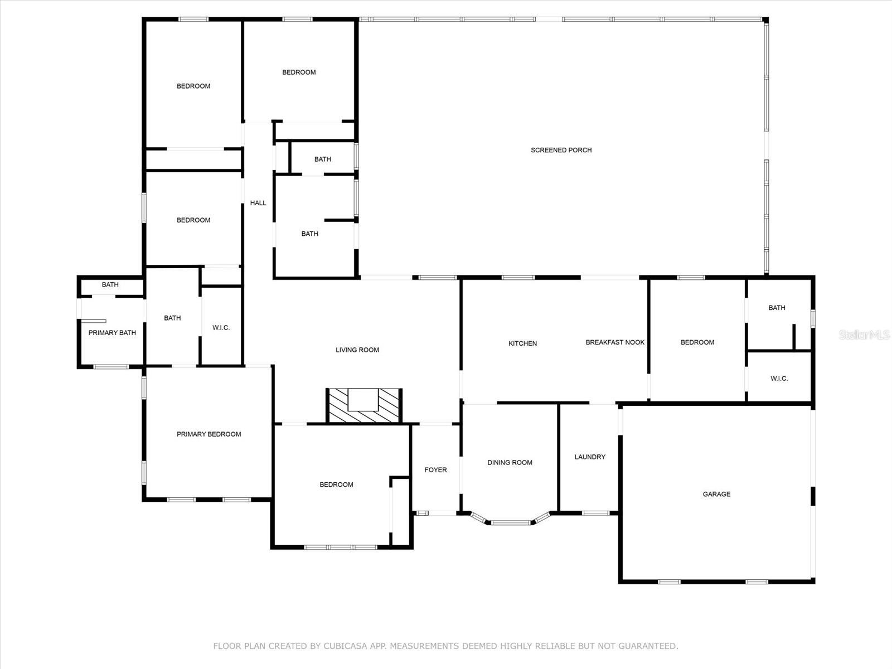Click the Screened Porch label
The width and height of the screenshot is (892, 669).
(561, 150)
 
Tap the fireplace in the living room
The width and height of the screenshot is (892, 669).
(363, 406)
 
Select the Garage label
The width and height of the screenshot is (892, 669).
(716, 494)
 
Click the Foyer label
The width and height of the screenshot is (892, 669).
(435, 470)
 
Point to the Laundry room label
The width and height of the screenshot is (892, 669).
(590, 457)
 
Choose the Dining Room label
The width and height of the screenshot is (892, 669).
(510, 463)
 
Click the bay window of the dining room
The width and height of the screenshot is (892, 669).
(511, 522)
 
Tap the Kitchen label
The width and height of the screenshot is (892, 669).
(522, 343)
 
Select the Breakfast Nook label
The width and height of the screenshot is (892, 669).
(615, 342)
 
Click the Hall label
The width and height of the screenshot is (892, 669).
(258, 203)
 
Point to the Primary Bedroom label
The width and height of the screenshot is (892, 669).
(209, 434)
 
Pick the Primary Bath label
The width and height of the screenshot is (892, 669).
(112, 333)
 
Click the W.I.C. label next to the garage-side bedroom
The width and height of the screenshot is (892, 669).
(779, 379)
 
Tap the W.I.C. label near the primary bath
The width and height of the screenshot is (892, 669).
(221, 328)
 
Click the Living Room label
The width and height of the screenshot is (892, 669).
(357, 350)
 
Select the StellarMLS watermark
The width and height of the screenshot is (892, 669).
(865, 334)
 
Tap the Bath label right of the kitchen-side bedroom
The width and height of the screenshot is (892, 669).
(777, 308)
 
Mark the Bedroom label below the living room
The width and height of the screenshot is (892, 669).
(336, 485)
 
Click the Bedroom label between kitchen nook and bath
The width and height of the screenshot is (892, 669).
(697, 342)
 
